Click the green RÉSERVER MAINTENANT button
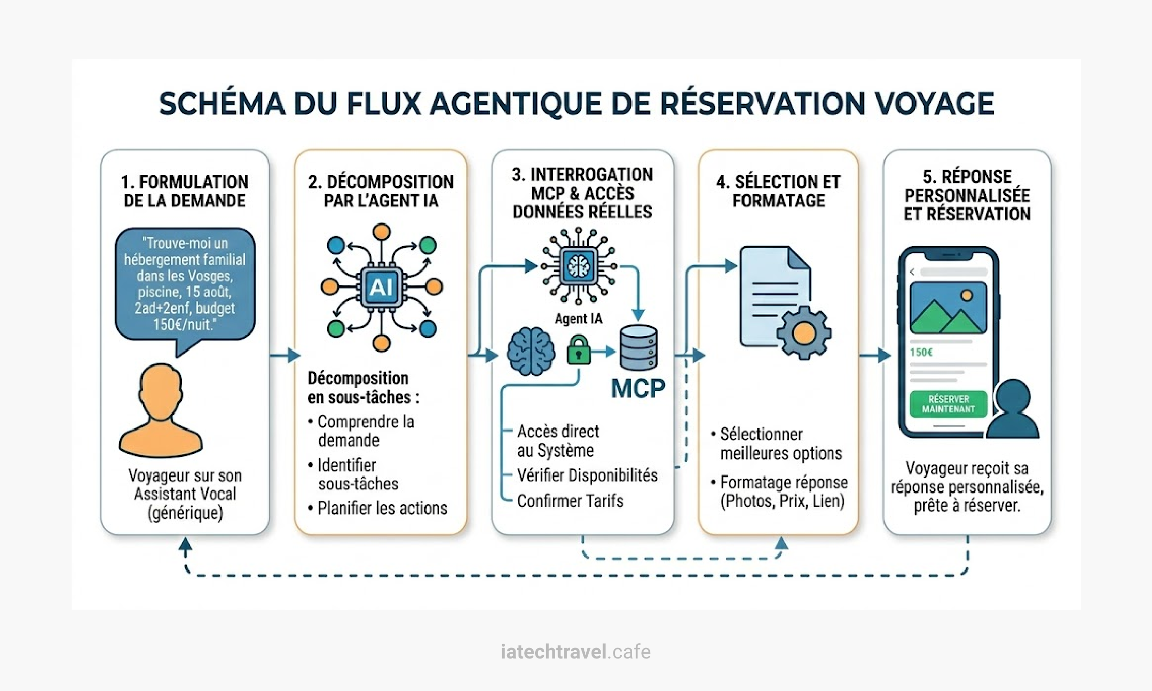coord(948,404)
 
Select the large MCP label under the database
coord(638,389)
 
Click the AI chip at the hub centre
coord(381,287)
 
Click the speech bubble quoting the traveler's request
coord(185,284)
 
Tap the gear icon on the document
coord(804,333)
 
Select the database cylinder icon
coord(638,347)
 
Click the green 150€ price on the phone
coord(921,353)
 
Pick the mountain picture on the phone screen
coord(948,308)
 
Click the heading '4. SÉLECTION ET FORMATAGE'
coord(778,191)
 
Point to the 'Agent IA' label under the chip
coord(578,319)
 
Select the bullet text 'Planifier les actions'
coord(382,508)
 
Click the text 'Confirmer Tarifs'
coord(570,501)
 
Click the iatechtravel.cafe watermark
coord(576,652)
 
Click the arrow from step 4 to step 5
coord(874,356)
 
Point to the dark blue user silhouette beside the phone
coord(1013,410)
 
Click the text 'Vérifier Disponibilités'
coord(587,475)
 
